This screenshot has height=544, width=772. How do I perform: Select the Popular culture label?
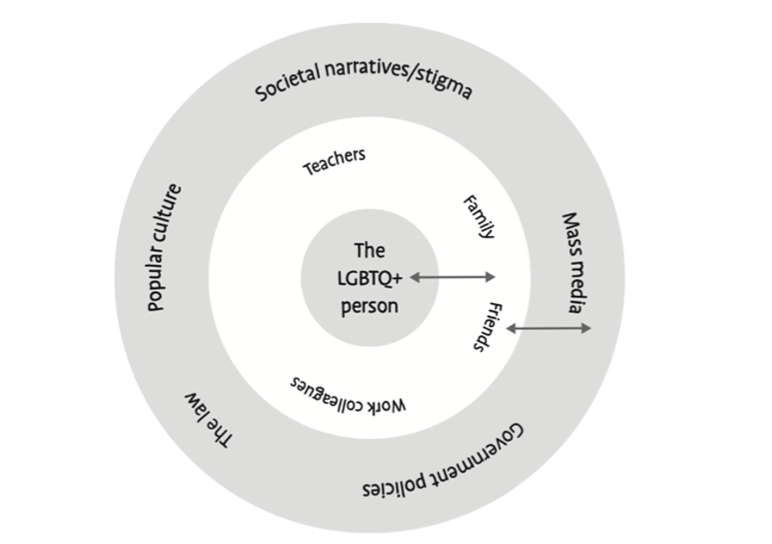pyautogui.click(x=164, y=247)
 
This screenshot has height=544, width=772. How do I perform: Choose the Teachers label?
pyautogui.click(x=334, y=161)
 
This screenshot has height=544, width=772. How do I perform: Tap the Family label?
pyautogui.click(x=479, y=217)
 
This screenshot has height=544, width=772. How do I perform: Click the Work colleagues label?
pyautogui.click(x=349, y=395)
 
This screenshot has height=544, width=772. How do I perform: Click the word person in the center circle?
pyautogui.click(x=370, y=306)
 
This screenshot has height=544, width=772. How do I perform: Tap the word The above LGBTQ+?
pyautogui.click(x=370, y=251)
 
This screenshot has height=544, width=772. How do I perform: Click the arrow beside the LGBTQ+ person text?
pyautogui.click(x=453, y=277)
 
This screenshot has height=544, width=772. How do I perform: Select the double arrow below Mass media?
pyautogui.click(x=549, y=329)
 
